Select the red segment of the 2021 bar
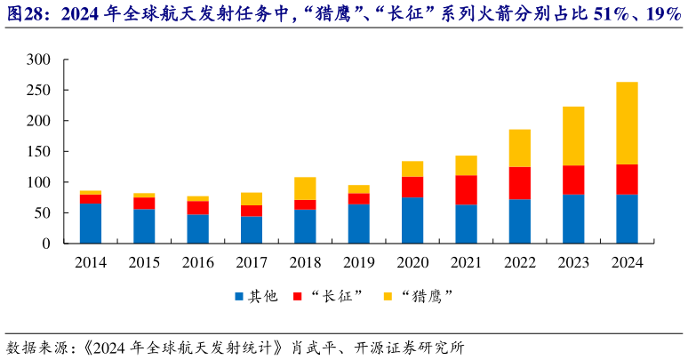point(466,189)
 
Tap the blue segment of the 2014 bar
point(90,223)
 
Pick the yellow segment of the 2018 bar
point(305,188)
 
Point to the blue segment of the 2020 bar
point(412,220)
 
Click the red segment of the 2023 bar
point(573,180)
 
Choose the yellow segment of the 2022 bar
point(520,148)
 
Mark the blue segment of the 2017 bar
point(252,229)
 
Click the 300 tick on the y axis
point(39,60)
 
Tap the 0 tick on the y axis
point(46,244)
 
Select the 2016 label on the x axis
point(197,262)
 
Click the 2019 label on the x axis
point(358,262)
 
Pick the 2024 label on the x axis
point(627,262)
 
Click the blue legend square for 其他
point(239,296)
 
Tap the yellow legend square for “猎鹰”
point(387,296)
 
